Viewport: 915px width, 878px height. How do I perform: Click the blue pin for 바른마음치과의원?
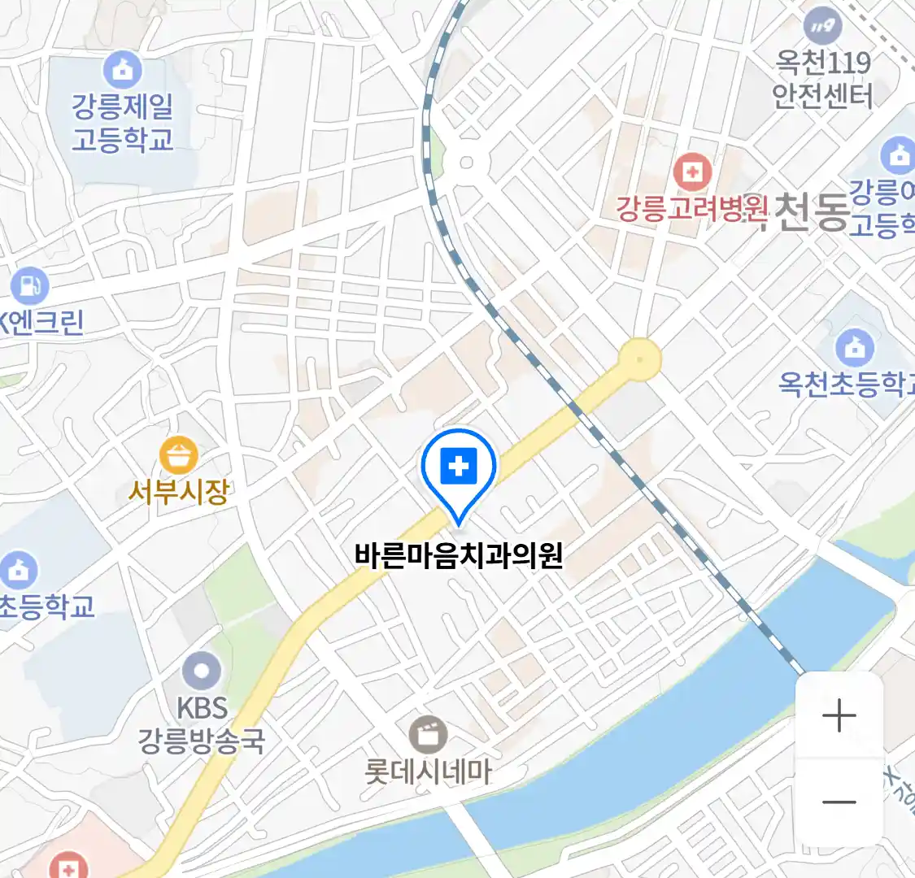(459, 467)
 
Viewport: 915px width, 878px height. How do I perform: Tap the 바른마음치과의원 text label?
(459, 556)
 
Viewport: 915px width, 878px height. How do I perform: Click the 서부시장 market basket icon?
(178, 455)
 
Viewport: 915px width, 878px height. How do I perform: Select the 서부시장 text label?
(179, 491)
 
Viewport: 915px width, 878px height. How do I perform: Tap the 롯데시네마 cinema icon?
(428, 734)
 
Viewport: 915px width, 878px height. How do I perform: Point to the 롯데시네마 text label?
(428, 772)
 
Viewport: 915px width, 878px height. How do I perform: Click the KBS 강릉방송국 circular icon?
(201, 672)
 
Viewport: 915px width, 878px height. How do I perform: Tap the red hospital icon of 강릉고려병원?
(692, 172)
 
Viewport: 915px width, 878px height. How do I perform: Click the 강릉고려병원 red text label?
(691, 210)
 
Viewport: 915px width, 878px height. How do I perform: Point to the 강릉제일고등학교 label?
(123, 122)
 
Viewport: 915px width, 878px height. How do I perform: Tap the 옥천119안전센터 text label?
(822, 80)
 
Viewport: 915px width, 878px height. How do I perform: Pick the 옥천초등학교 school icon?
(854, 348)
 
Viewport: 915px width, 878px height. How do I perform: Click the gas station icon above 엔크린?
(30, 285)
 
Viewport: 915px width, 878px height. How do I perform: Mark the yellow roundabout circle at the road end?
(640, 359)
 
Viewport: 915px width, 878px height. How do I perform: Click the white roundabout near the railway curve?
(466, 162)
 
